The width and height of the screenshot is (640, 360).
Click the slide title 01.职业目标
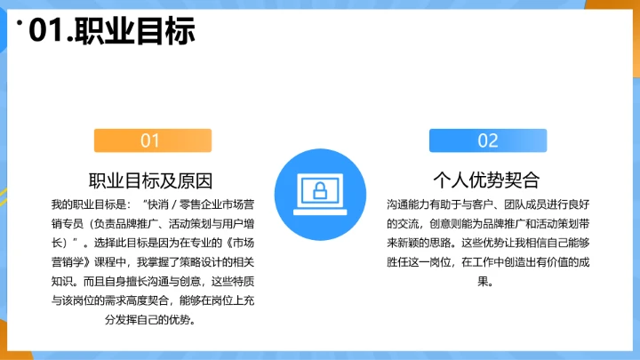click(x=112, y=32)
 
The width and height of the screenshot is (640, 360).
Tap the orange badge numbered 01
click(x=150, y=140)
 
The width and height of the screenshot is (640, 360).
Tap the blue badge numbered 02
click(x=488, y=140)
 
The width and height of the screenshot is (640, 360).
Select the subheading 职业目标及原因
click(x=150, y=180)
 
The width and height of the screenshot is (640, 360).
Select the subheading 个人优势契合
click(x=487, y=180)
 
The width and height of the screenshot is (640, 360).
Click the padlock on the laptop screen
click(x=319, y=188)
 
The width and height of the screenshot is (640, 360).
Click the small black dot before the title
click(x=20, y=24)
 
